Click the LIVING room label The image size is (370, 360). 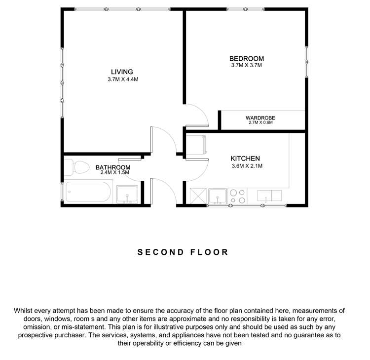coord(122,72)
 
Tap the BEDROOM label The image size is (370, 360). coord(247,58)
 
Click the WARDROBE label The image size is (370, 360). coord(260,118)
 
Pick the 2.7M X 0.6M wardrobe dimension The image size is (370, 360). coord(260,122)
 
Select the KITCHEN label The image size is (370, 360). coord(245,159)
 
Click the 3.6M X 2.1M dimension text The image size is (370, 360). coord(246,166)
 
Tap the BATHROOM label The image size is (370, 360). coord(112,167)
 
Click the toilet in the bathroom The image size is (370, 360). coord(73,167)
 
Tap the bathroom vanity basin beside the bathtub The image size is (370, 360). coord(127,195)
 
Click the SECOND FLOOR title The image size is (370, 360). coord(183,252)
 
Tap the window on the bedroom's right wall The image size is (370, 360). coord(306,62)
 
